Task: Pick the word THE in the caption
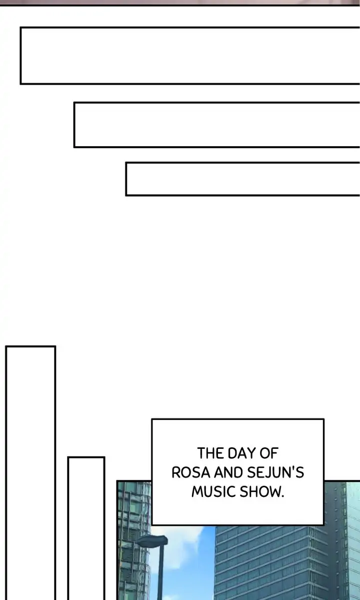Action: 210,453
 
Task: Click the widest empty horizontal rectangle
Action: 190,56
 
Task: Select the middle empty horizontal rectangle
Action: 216,125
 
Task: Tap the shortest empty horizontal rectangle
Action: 242,179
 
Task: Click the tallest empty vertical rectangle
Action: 30,470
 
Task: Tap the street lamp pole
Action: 161,575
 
